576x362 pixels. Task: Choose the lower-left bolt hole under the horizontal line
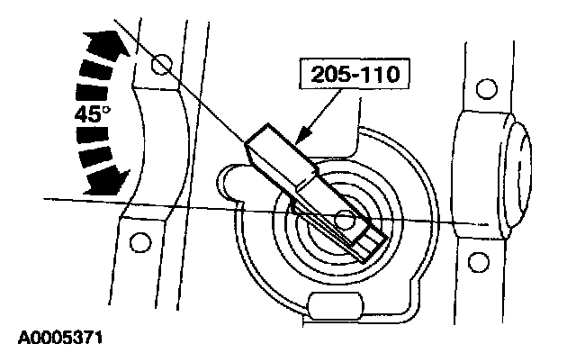[x=137, y=242]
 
